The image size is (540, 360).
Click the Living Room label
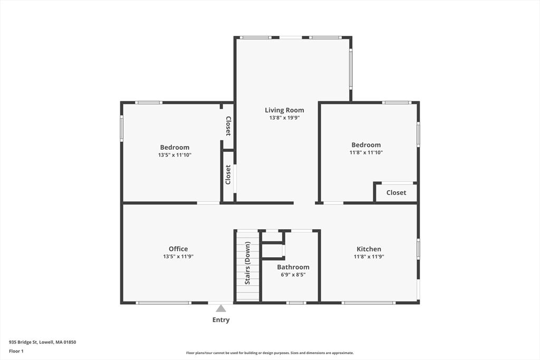[x=284, y=110]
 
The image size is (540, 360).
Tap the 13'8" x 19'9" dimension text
[x=284, y=118]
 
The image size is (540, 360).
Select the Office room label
[x=178, y=249]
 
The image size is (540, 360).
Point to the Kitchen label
[x=369, y=249]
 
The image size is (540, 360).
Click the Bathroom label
[x=293, y=267]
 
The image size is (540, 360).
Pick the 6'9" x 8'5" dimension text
[x=293, y=275]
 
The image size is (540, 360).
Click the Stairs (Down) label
[x=248, y=263]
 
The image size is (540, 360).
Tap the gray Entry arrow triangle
[x=221, y=308]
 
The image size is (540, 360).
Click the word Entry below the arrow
[x=221, y=320]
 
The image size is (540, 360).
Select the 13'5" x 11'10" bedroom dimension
[x=175, y=155]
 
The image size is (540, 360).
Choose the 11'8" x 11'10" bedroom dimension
[x=366, y=152]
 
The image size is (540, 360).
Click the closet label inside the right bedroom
[x=396, y=193]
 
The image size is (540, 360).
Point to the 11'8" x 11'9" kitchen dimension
[x=369, y=256]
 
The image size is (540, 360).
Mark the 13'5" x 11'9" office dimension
[x=178, y=256]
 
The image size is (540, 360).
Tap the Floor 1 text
[x=16, y=352]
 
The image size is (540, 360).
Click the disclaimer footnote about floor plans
[x=269, y=353]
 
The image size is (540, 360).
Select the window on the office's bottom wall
[x=163, y=303]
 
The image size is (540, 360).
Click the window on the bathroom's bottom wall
[x=296, y=303]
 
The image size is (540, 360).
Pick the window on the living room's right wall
[x=351, y=69]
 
